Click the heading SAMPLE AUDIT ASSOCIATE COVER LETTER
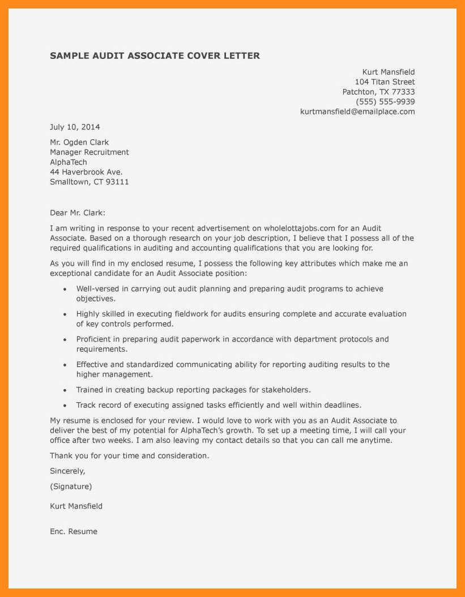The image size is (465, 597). [x=155, y=56]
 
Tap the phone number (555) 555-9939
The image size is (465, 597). [x=385, y=102]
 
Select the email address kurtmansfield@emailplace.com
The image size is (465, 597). [x=357, y=112]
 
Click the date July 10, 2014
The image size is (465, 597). [x=75, y=127]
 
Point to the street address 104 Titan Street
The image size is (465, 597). [x=385, y=82]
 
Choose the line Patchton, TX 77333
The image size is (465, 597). [x=378, y=92]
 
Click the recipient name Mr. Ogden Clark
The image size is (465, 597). [x=79, y=142]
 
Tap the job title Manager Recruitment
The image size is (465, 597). [x=89, y=152]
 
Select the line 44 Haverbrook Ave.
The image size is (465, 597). [x=86, y=172]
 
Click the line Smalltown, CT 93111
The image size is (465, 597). [x=89, y=182]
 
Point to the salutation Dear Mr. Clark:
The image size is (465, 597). [x=78, y=213]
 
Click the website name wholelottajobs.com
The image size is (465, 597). [x=300, y=228]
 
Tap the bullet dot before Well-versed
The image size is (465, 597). [x=65, y=289]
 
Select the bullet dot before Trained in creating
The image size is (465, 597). [x=65, y=390]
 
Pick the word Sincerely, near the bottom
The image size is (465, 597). [x=67, y=471]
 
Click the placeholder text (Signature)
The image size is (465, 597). [x=71, y=486]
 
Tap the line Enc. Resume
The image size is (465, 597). [x=74, y=531]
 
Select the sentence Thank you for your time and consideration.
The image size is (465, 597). [x=130, y=455]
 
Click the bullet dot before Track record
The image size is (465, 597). [x=65, y=406]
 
